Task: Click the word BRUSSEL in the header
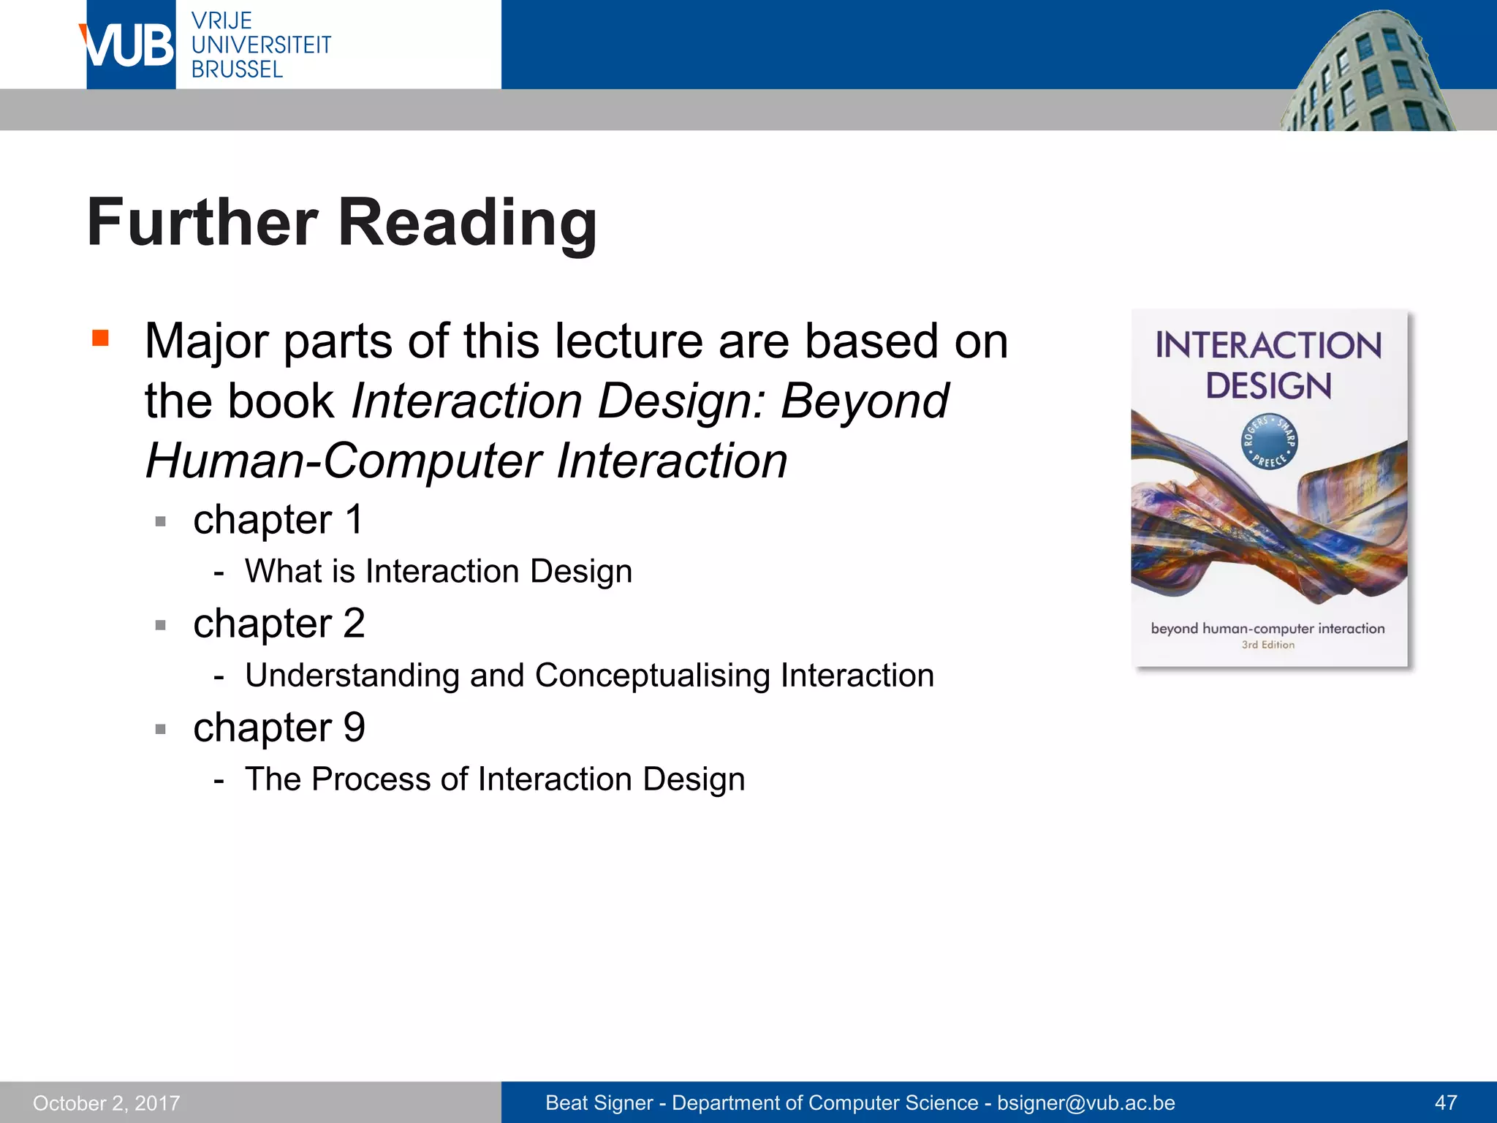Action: tap(237, 69)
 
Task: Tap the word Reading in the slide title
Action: tap(467, 223)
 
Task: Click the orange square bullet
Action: tap(100, 338)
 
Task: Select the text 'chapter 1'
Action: tap(278, 520)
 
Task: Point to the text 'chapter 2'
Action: tap(278, 624)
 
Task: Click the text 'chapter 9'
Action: tap(278, 727)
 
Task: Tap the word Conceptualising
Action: tap(652, 676)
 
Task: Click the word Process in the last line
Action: tap(371, 779)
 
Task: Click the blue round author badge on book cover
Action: tap(1269, 442)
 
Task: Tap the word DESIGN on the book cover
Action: tap(1268, 386)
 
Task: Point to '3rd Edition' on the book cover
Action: tap(1267, 645)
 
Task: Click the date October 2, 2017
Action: tap(107, 1103)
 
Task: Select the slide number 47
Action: tap(1445, 1103)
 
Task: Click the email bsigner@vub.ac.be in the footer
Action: tap(1085, 1103)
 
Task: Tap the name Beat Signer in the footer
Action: tap(599, 1103)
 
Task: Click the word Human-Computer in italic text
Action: tap(343, 461)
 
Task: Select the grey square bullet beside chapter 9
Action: tap(161, 729)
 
